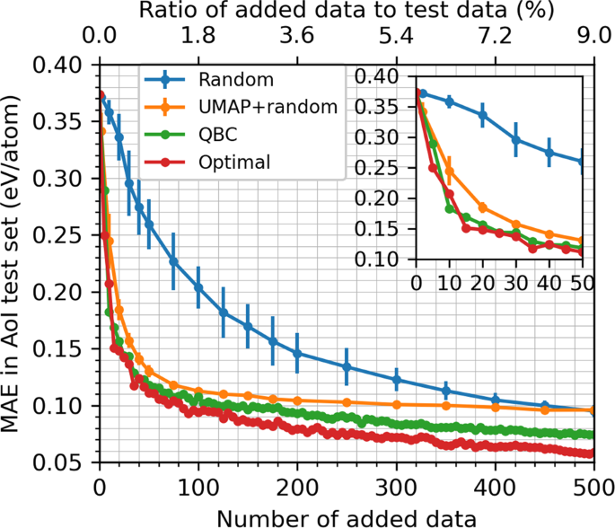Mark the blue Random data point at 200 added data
[297, 354]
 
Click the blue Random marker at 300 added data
[396, 380]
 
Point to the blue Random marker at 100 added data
[198, 287]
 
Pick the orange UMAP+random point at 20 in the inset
[482, 207]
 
